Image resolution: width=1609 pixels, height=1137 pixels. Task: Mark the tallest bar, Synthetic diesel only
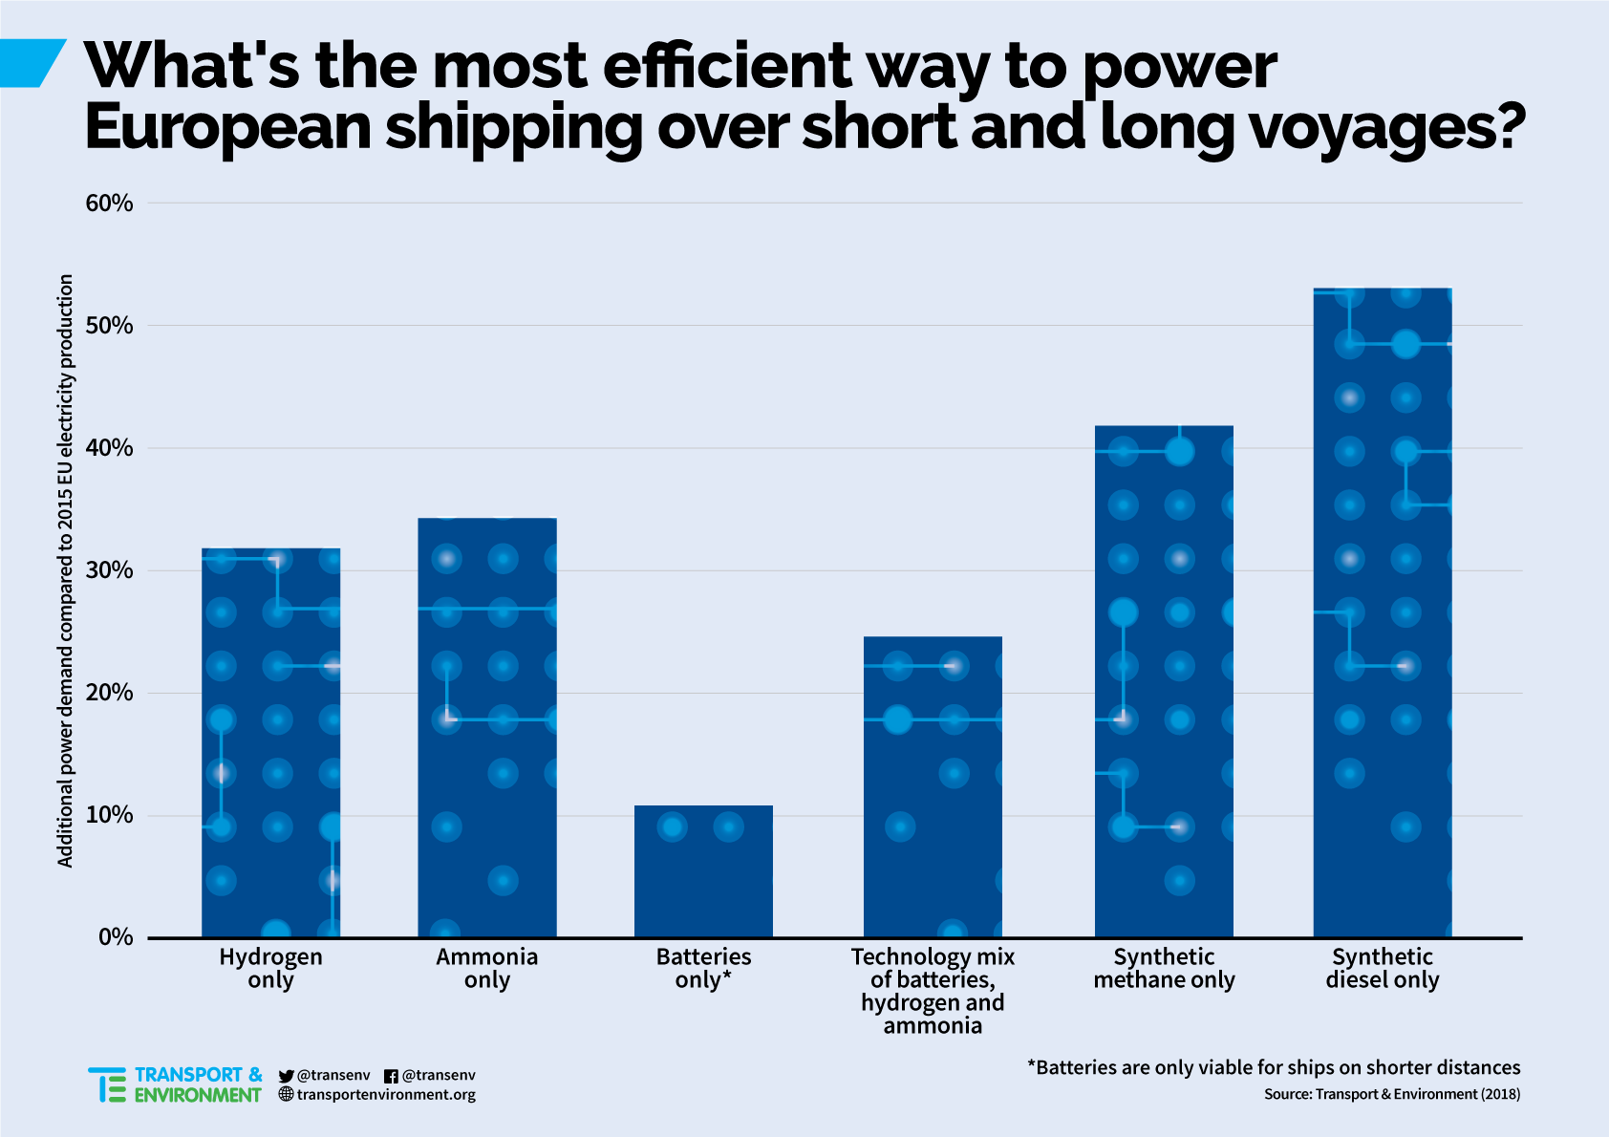[1383, 612]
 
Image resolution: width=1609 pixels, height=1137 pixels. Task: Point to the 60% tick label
[109, 203]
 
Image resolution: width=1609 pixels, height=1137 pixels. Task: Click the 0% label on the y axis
[116, 937]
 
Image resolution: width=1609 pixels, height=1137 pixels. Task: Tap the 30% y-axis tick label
[109, 570]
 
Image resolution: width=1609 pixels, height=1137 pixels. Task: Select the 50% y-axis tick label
[109, 326]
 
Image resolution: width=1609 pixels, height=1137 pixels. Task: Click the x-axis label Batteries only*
[703, 969]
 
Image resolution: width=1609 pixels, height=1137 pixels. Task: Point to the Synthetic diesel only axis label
[1383, 969]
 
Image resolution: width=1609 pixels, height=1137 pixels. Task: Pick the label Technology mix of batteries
[933, 991]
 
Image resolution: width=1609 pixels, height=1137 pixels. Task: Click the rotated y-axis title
[65, 570]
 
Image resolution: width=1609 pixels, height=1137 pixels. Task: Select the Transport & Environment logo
[175, 1084]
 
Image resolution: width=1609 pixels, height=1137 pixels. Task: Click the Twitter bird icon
[286, 1076]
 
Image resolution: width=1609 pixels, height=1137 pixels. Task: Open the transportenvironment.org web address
[386, 1095]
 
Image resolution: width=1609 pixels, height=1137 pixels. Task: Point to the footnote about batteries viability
[1274, 1067]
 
